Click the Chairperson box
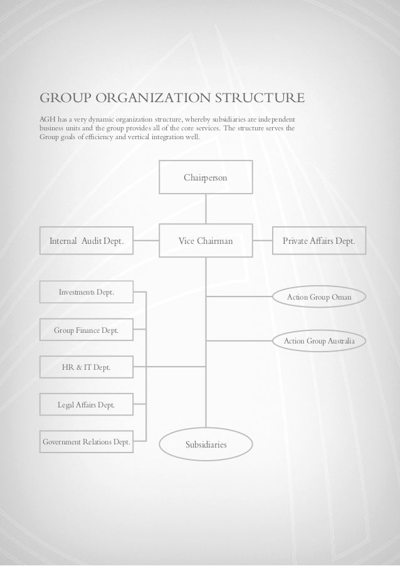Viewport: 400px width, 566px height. click(x=206, y=178)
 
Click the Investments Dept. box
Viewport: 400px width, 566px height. click(x=87, y=292)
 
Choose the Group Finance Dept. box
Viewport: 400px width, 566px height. click(x=87, y=329)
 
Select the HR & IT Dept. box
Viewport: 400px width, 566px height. click(x=87, y=367)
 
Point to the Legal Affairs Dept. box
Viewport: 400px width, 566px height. click(x=87, y=405)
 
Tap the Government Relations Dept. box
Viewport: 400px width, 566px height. click(x=87, y=443)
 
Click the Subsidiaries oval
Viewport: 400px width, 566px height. click(x=206, y=444)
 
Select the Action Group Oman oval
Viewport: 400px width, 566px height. click(x=319, y=296)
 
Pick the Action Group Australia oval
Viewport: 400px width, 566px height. click(x=319, y=340)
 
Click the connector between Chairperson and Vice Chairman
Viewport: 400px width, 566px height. click(x=206, y=209)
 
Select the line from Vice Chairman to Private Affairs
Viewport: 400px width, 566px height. click(x=262, y=241)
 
